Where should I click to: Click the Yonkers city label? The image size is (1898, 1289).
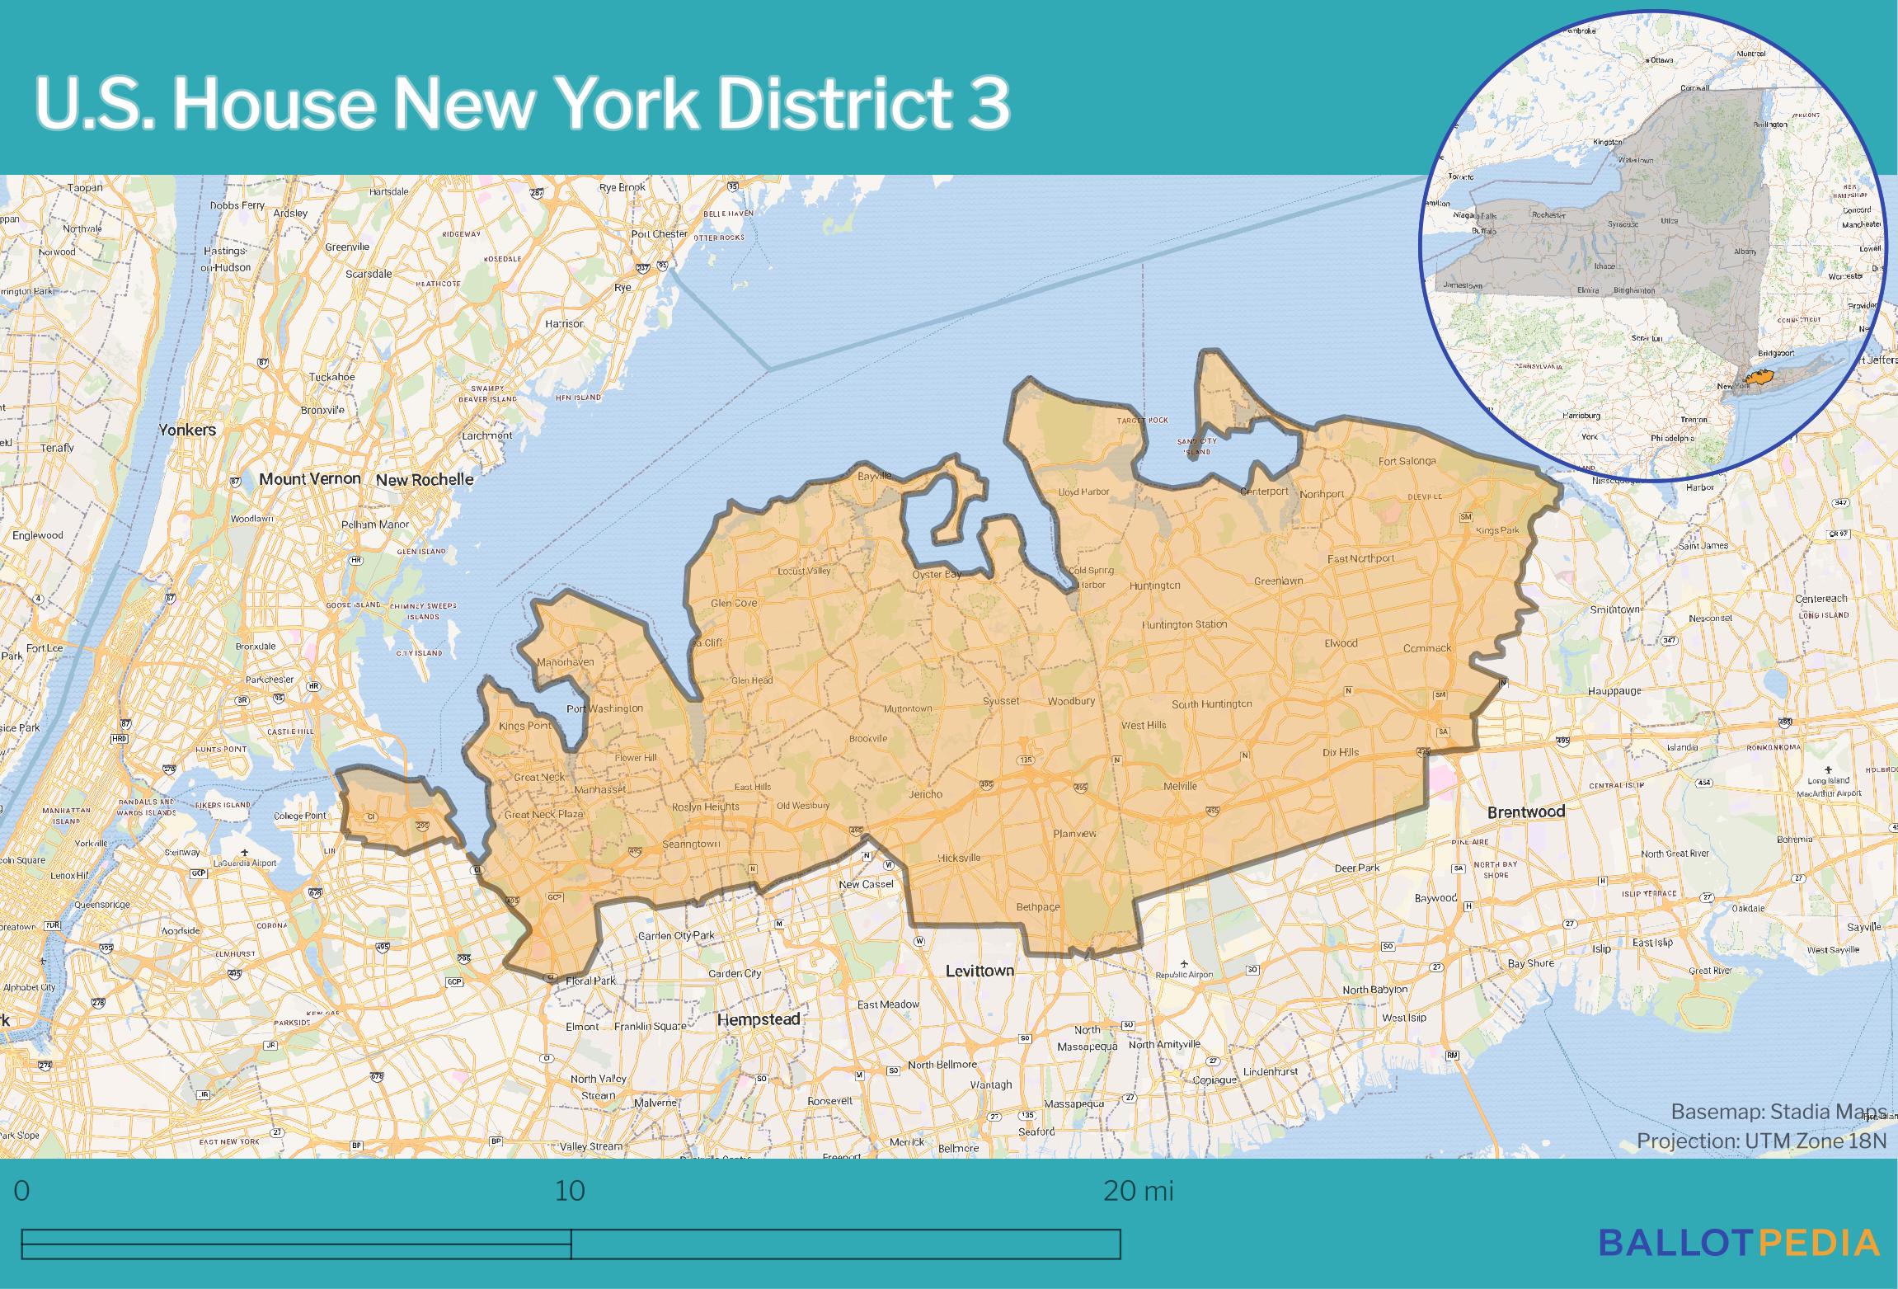tap(187, 430)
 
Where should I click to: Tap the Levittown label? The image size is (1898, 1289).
tap(980, 971)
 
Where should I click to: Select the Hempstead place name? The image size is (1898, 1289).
tap(759, 1019)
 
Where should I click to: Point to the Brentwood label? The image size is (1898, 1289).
tap(1525, 812)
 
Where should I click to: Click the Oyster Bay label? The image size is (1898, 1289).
tap(937, 574)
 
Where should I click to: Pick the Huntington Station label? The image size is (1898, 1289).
tap(1184, 624)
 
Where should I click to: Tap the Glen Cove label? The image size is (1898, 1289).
tap(734, 603)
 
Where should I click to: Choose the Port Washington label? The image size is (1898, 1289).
tap(604, 708)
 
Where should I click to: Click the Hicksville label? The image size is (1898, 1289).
tap(959, 858)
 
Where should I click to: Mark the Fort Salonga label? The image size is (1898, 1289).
tap(1407, 461)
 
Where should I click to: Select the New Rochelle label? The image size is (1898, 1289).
tap(425, 479)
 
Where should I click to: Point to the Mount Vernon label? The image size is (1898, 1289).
tap(310, 478)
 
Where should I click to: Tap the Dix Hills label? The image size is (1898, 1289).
tap(1341, 752)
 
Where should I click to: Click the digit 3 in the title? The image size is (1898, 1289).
tap(988, 105)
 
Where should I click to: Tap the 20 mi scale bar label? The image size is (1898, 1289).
tap(1138, 1192)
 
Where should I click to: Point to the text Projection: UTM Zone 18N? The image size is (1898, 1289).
tap(1763, 1141)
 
